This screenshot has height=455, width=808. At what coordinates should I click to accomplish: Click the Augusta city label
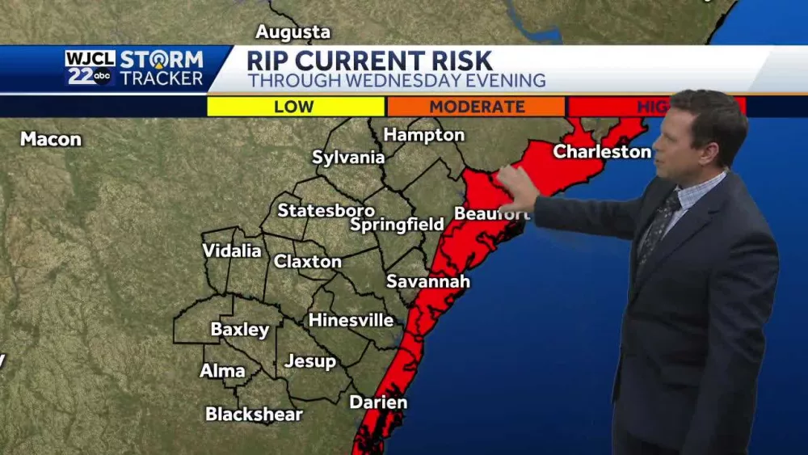point(293,32)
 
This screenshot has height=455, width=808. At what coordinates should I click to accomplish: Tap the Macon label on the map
point(51,139)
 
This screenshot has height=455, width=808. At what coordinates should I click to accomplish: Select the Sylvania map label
point(348,158)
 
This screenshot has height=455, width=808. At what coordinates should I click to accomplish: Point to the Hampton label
point(424,135)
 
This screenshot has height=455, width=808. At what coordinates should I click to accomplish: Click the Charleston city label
point(602,152)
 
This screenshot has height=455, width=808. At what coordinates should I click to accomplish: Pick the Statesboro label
point(326,210)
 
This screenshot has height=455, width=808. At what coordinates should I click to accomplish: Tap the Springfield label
point(397,224)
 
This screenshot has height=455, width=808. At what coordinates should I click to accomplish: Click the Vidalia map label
point(232,251)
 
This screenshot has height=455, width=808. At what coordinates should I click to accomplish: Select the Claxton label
point(307,262)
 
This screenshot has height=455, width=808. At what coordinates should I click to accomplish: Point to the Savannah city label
point(427,282)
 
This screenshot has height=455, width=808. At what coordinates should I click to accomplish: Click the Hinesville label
point(351,320)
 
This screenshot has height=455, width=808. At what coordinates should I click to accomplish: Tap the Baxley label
point(240,330)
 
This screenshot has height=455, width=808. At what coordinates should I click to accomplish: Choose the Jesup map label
point(310,361)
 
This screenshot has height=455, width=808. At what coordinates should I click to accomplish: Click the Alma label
point(222,371)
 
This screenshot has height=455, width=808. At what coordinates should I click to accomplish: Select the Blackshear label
point(254,415)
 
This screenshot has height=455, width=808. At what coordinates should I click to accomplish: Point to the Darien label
point(378,402)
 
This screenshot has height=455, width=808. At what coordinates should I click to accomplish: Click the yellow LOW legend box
point(296,107)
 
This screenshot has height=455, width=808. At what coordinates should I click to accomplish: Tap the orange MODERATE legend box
point(476,107)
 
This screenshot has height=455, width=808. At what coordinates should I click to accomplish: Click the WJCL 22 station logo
point(90,68)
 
